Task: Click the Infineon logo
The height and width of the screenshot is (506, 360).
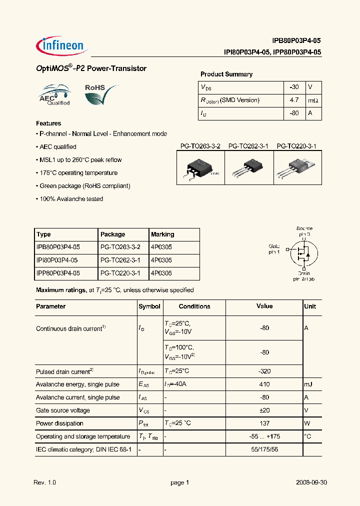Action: [61, 46]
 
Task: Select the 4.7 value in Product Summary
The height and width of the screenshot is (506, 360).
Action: [294, 100]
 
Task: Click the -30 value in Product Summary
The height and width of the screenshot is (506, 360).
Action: [294, 87]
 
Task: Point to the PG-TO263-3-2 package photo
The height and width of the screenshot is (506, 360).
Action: [200, 169]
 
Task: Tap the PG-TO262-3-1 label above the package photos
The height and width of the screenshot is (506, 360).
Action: [248, 146]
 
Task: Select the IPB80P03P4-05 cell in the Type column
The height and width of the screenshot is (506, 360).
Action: [58, 247]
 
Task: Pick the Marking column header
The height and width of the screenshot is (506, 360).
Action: [162, 234]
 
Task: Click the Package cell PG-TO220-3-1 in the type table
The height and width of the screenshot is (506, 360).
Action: [120, 273]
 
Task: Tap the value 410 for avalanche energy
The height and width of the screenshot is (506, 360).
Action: [264, 384]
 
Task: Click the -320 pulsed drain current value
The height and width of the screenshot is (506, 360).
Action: [264, 371]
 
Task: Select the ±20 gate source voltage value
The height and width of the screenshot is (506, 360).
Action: [264, 410]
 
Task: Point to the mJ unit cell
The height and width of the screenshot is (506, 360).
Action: [309, 384]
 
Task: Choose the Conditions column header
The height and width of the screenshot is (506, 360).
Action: [194, 306]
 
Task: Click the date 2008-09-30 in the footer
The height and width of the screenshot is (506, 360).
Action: [311, 483]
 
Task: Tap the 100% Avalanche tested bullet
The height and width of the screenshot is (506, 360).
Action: [70, 199]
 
